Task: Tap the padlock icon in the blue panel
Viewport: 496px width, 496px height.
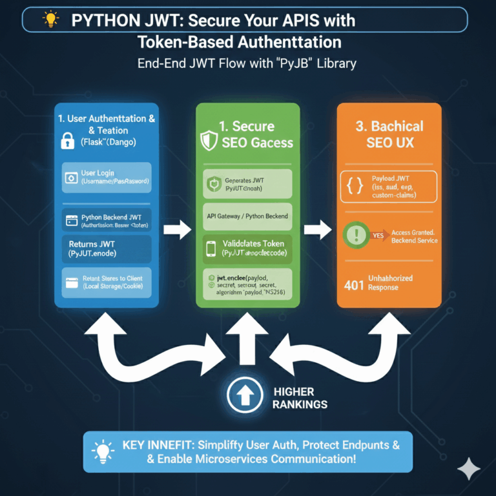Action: point(68,140)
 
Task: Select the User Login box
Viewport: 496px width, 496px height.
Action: point(107,177)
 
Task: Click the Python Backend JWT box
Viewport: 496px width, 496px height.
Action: point(107,222)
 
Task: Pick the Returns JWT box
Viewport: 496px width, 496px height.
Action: point(107,249)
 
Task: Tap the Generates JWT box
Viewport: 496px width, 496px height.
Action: point(248,184)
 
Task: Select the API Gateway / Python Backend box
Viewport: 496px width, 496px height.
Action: point(248,216)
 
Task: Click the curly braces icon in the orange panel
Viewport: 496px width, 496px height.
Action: point(355,187)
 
